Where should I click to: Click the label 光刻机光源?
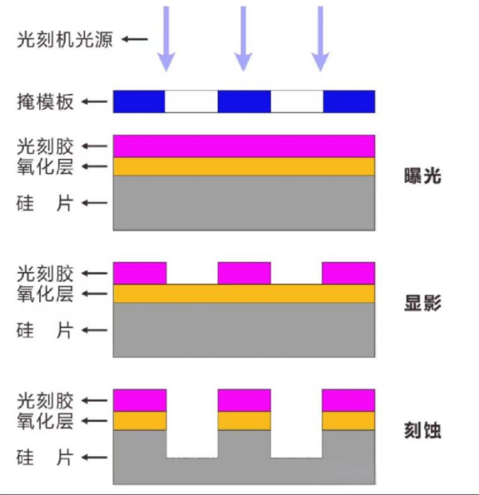[64, 39]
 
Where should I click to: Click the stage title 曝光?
[423, 176]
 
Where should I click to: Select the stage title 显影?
[423, 303]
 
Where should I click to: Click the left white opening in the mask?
[191, 102]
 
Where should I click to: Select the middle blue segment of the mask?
[244, 102]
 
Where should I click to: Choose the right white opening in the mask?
[296, 102]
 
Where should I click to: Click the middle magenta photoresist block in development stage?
[244, 273]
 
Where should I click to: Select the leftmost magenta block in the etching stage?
[140, 400]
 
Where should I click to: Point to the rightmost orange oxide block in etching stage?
[348, 421]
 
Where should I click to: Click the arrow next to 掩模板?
[93, 102]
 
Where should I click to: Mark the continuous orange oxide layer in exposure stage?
[244, 167]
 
